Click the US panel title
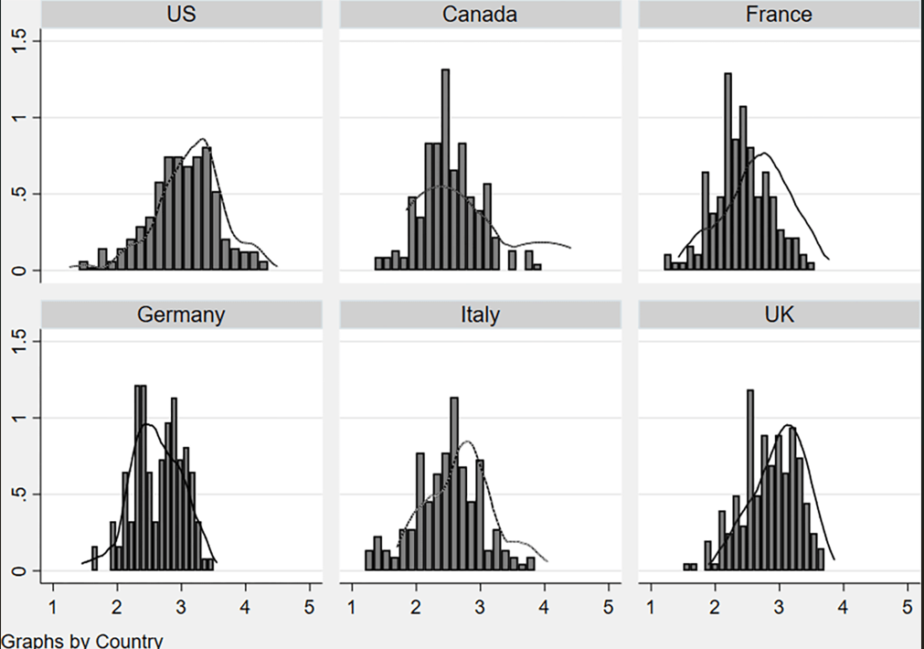coord(181,15)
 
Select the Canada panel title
coord(480,15)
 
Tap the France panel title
coord(778,15)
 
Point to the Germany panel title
coord(181,315)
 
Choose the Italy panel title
coord(480,315)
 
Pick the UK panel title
coord(778,315)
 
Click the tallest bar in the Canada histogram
coord(445,169)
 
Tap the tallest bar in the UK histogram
coord(750,481)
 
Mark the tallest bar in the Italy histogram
coord(454,484)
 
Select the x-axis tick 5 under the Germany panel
coord(309,606)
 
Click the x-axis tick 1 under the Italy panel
coord(353,606)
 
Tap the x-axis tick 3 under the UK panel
coord(779,606)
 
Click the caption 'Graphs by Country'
coord(82,640)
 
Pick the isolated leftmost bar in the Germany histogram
coord(94,559)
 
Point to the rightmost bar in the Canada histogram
coord(536,267)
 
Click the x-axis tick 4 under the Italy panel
coord(545,606)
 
